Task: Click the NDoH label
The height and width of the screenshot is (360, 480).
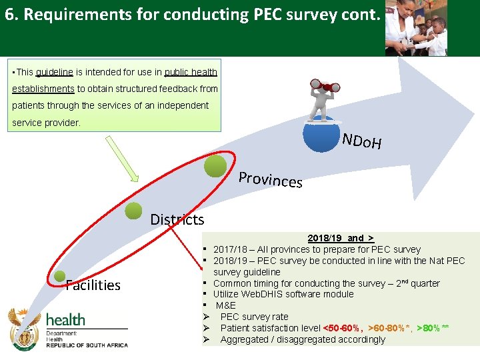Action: (x=361, y=141)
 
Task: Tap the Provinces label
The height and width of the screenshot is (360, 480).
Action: (x=271, y=179)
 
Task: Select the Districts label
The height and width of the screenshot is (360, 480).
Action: (x=177, y=219)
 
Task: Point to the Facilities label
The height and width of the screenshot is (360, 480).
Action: (x=93, y=285)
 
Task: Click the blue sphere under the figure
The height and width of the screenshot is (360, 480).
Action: (x=321, y=134)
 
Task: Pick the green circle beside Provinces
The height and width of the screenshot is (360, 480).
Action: (x=215, y=166)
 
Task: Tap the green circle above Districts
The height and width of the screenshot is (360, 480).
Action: (x=133, y=210)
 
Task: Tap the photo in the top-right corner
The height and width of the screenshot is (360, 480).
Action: (x=417, y=28)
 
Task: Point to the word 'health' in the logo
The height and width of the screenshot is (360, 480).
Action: (x=65, y=319)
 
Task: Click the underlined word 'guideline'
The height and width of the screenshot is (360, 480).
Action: (x=54, y=72)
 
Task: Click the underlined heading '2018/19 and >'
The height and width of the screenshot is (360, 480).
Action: (x=341, y=238)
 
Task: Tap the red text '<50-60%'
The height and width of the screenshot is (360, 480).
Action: (x=343, y=328)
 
